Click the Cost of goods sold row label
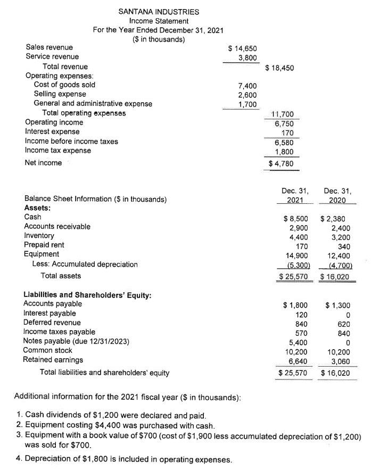(64, 85)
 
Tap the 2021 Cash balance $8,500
(294, 218)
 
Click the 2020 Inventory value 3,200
(340, 236)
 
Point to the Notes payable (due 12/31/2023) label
(77, 341)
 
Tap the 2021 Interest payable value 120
(300, 314)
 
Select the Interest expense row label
(52, 131)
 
